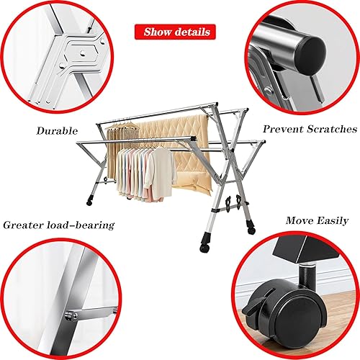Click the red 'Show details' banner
pyautogui.click(x=176, y=32)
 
